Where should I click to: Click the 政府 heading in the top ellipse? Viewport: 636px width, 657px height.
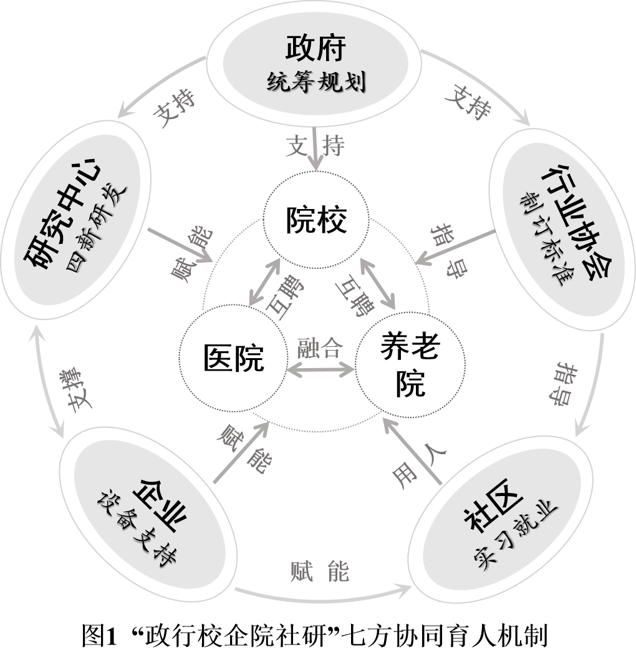point(316,48)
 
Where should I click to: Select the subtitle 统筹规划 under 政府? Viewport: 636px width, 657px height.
point(316,82)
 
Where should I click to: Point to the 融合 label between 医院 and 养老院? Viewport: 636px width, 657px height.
point(320,349)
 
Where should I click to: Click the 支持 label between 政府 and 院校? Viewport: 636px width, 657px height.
point(316,147)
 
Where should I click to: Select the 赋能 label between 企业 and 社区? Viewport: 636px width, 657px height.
point(320,571)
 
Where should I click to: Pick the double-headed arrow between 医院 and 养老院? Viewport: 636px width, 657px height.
point(320,369)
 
